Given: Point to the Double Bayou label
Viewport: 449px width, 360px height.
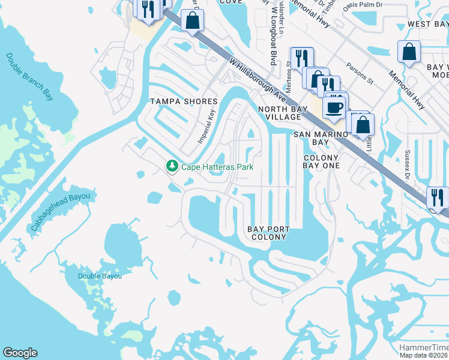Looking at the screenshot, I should point(100,276).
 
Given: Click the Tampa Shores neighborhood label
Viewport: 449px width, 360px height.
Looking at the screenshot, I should point(174,101).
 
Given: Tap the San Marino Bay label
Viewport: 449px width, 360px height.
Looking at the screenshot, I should point(320,138).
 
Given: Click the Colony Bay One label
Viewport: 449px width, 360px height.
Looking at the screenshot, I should point(321,161).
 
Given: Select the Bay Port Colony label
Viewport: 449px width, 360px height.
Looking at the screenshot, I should point(268,233).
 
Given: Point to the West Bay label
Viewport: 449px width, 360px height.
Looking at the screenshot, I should point(427,24).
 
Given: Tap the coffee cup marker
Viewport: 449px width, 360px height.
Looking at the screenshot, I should point(334,107).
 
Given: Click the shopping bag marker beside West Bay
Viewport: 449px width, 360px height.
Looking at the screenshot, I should point(409,52).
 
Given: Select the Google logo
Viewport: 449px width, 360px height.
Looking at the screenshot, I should point(20,353).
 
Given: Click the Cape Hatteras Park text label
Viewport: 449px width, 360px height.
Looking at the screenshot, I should point(217,167).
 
